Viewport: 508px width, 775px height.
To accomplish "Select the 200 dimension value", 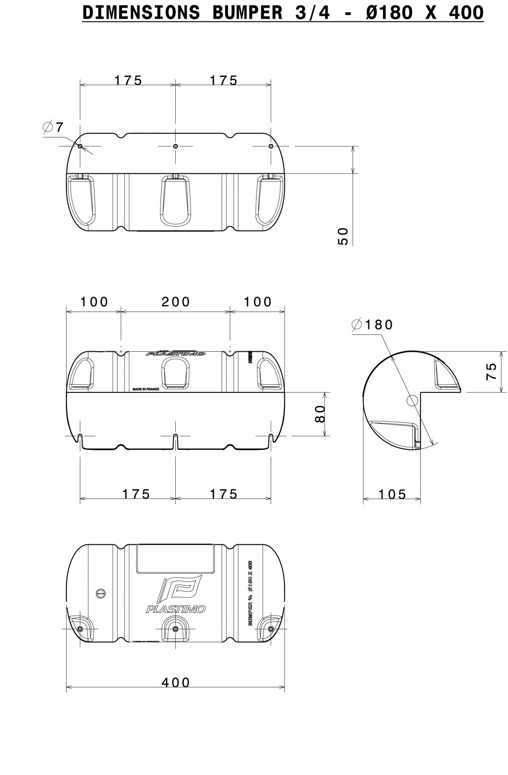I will pyautogui.click(x=176, y=302).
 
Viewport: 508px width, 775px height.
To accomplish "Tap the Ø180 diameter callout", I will pyautogui.click(x=373, y=325).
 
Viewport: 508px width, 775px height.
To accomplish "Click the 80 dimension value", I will pyautogui.click(x=320, y=414).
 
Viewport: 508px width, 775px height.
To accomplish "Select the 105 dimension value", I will pyautogui.click(x=392, y=494).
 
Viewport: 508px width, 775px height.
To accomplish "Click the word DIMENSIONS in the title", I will pyautogui.click(x=141, y=13).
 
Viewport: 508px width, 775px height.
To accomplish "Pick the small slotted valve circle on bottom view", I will pyautogui.click(x=100, y=593).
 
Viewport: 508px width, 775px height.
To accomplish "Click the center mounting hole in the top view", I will pyautogui.click(x=176, y=146).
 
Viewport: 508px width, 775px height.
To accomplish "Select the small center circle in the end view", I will pyautogui.click(x=412, y=400).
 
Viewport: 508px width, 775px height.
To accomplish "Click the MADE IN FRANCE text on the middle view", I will pyautogui.click(x=146, y=389).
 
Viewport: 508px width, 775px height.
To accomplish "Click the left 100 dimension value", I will pyautogui.click(x=94, y=302).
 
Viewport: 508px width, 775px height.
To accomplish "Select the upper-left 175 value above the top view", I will pyautogui.click(x=128, y=80).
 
